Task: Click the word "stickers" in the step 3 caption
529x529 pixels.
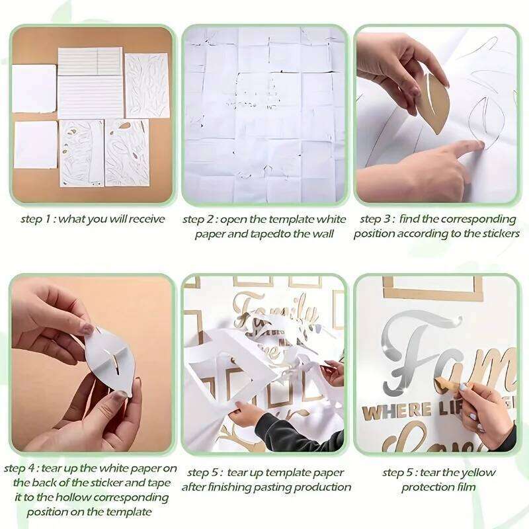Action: pos(497,233)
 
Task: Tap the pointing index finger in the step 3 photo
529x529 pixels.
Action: pos(467,149)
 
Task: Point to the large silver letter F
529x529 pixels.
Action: pos(417,350)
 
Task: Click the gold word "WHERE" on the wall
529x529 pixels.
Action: pos(387,413)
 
